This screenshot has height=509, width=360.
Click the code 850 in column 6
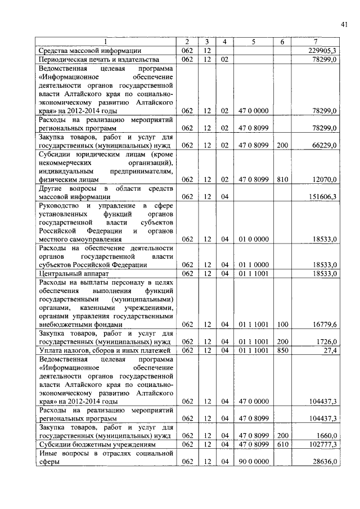[x=282, y=350]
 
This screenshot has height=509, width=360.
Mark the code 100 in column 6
[x=282, y=325]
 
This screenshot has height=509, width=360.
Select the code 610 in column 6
[x=282, y=444]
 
